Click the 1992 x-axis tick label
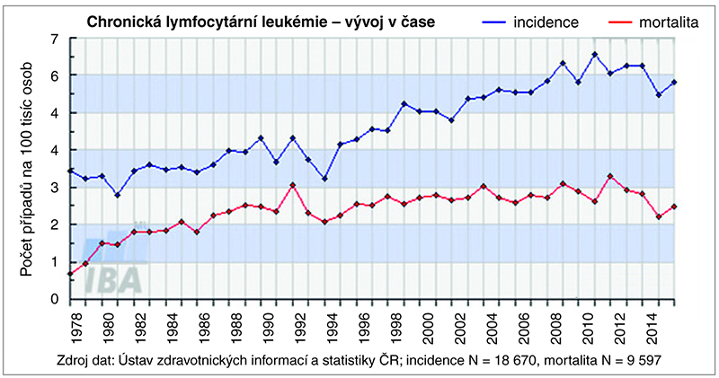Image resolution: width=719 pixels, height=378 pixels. tap(293, 322)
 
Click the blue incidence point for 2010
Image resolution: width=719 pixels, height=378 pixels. tap(594, 54)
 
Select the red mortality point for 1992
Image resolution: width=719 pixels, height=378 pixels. tap(293, 185)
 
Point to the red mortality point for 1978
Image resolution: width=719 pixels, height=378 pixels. tap(70, 274)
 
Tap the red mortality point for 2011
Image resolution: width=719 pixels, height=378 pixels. tap(610, 176)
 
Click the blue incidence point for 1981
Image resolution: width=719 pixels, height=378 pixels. tap(119, 195)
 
